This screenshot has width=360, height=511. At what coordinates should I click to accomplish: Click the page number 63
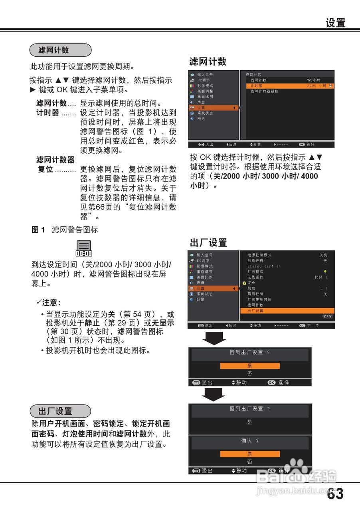(335, 494)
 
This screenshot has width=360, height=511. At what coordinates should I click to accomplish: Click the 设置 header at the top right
(335, 23)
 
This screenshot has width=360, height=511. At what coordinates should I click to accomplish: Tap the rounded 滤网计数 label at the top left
(60, 50)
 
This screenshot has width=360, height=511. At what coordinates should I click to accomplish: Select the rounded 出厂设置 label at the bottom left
(60, 411)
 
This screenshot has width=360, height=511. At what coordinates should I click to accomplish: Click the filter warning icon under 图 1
(84, 248)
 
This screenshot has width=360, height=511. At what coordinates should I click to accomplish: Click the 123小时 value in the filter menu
(313, 80)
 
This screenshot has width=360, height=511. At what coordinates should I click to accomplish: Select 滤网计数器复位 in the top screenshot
(264, 91)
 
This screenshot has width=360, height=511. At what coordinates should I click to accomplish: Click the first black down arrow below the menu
(214, 338)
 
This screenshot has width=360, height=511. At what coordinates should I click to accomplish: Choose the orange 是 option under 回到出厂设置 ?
(250, 366)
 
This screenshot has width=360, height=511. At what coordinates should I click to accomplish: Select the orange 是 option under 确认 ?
(250, 454)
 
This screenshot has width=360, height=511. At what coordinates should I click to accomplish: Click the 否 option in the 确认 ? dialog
(250, 462)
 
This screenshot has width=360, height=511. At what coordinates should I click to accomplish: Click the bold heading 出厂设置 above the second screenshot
(208, 243)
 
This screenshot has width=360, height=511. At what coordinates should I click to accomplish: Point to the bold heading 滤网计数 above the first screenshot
(208, 61)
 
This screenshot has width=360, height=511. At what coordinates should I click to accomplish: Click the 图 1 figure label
(38, 230)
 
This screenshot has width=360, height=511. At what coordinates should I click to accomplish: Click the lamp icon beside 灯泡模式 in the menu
(325, 272)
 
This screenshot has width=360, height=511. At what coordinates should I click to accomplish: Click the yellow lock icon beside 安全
(244, 283)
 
